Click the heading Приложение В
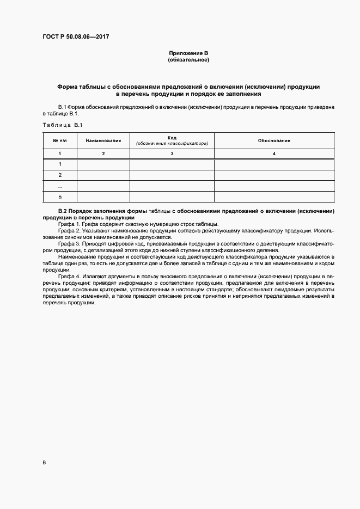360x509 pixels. [x=188, y=53]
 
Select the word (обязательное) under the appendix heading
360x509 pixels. [x=188, y=59]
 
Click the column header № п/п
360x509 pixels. [x=60, y=140]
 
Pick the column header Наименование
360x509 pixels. [x=103, y=140]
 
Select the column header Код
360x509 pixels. [x=172, y=138]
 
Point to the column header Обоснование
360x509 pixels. [x=274, y=140]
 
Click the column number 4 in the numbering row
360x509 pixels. [x=274, y=154]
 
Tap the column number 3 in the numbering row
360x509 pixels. [x=172, y=154]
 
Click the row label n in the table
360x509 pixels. [x=60, y=197]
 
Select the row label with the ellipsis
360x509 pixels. [x=60, y=186]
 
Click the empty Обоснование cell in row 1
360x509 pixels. [x=274, y=164]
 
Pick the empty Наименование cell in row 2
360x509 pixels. [x=103, y=175]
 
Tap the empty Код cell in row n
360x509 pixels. [x=172, y=197]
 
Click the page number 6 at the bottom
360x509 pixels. [x=44, y=462]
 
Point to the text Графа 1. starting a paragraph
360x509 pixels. [x=70, y=224]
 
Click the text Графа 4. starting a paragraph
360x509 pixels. [x=70, y=277]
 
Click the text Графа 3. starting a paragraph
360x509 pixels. [x=70, y=243]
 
